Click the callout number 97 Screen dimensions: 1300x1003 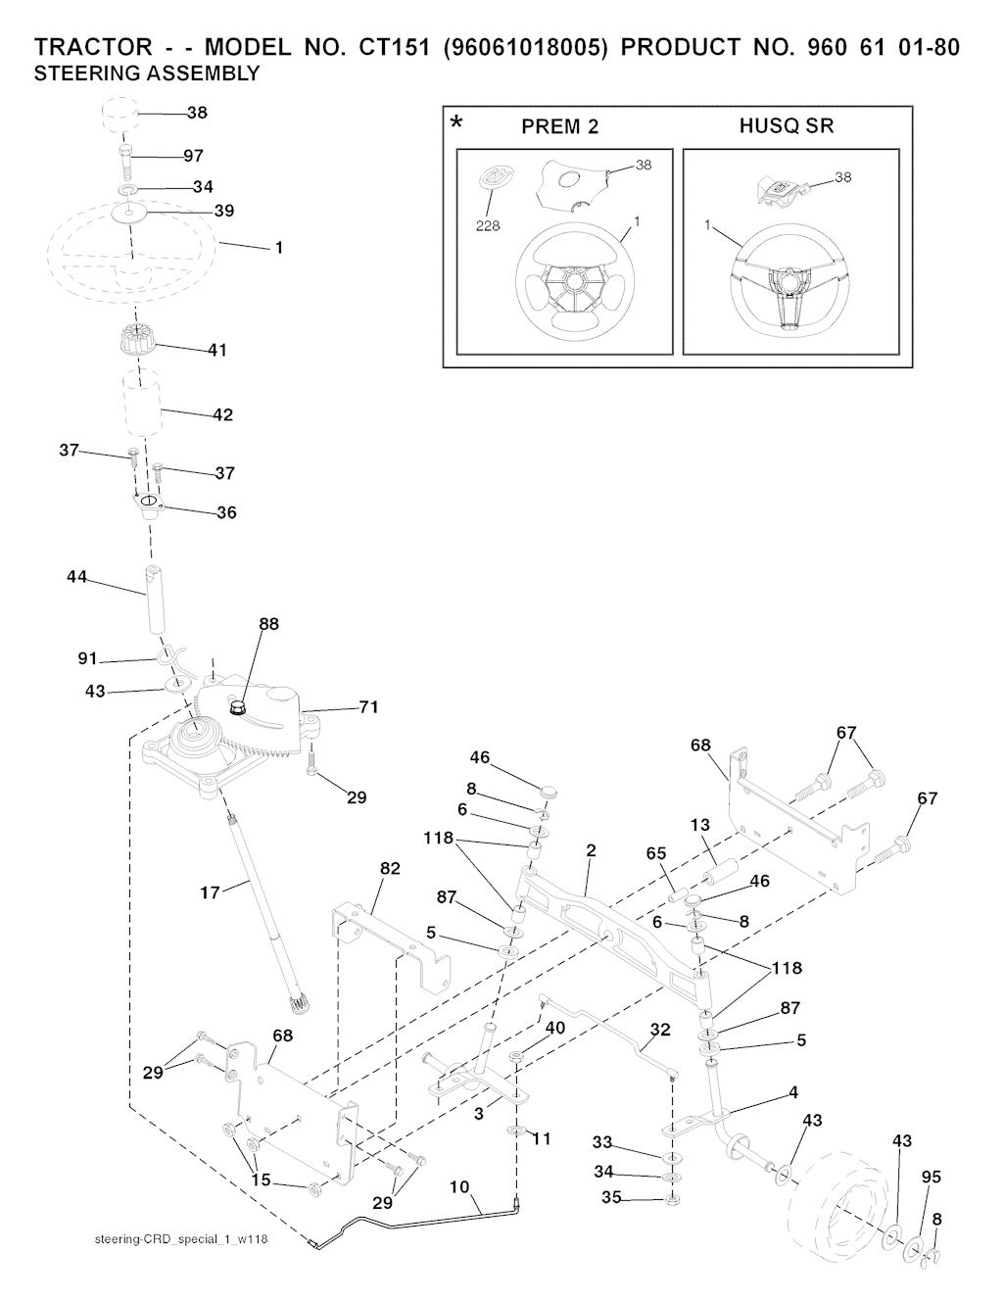point(193,156)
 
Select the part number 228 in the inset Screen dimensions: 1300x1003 point(488,225)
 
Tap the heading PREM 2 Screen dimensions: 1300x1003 point(559,126)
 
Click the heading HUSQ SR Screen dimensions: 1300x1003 point(787,125)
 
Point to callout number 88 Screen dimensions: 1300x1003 point(268,624)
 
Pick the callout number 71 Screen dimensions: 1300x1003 point(368,706)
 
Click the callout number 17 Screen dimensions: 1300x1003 point(210,892)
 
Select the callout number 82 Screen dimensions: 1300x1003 point(390,868)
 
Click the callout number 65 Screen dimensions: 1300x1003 point(656,853)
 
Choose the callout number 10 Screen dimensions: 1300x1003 point(459,1186)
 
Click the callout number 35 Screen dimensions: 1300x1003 point(611,1196)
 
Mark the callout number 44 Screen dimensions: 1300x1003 point(76,578)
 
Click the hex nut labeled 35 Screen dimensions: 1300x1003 point(671,1199)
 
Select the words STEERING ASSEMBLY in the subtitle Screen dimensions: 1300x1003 point(147,73)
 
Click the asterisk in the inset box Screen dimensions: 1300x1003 point(456,124)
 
